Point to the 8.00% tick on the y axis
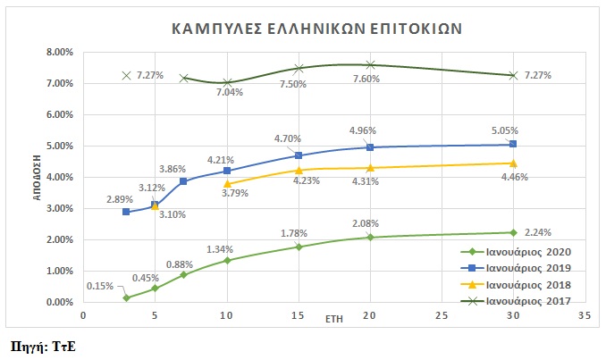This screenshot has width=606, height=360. point(59,52)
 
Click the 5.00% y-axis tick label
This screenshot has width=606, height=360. point(59,146)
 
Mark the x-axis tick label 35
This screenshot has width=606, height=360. point(585,316)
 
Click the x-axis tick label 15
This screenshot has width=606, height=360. point(299,316)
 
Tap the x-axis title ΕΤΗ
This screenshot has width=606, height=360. point(333,317)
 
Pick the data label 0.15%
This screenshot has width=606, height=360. point(100,286)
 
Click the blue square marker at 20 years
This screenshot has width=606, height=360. point(370,147)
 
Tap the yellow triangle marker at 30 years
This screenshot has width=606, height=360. point(513,163)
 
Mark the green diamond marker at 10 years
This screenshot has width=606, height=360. point(227,260)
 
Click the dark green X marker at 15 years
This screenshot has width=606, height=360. point(299,68)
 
